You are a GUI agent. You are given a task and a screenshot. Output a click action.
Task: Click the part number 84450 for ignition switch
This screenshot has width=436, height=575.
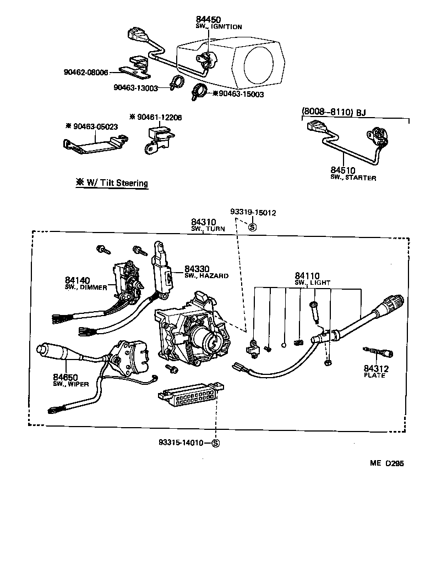tap(208, 20)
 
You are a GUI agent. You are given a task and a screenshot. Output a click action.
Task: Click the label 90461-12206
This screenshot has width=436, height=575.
tap(159, 117)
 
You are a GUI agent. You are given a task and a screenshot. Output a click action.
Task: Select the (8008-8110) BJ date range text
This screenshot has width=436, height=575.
tap(334, 113)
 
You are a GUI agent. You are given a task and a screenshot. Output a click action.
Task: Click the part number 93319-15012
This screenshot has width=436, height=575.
tap(253, 212)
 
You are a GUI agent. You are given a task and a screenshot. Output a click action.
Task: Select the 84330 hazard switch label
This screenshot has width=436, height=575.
tap(197, 268)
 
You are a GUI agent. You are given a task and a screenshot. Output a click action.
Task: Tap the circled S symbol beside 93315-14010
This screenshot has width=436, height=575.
tap(215, 443)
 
